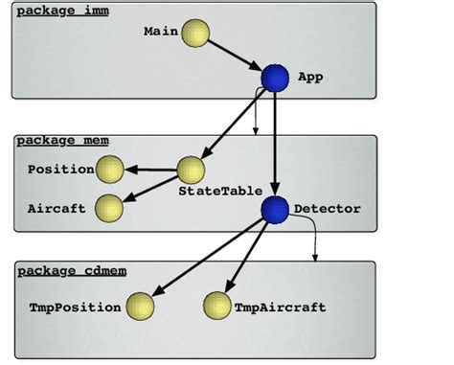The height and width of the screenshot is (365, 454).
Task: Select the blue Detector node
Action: coord(276,209)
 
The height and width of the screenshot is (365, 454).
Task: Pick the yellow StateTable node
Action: coord(192,171)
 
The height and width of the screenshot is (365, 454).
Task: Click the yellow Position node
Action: coord(110,171)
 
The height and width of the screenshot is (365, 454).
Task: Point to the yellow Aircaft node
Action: coord(110,207)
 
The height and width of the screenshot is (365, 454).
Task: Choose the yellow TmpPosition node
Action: coord(141,307)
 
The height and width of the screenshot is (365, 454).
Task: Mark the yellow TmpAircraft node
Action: coord(217,307)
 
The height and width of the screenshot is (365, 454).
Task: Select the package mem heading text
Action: coord(62,141)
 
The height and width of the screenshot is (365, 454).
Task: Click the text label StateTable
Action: coord(214,192)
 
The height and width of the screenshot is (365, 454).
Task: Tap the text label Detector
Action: coord(327,208)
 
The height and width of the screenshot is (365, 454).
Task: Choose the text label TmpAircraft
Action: coord(280,308)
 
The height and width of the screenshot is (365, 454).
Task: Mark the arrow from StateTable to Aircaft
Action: coord(151,189)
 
